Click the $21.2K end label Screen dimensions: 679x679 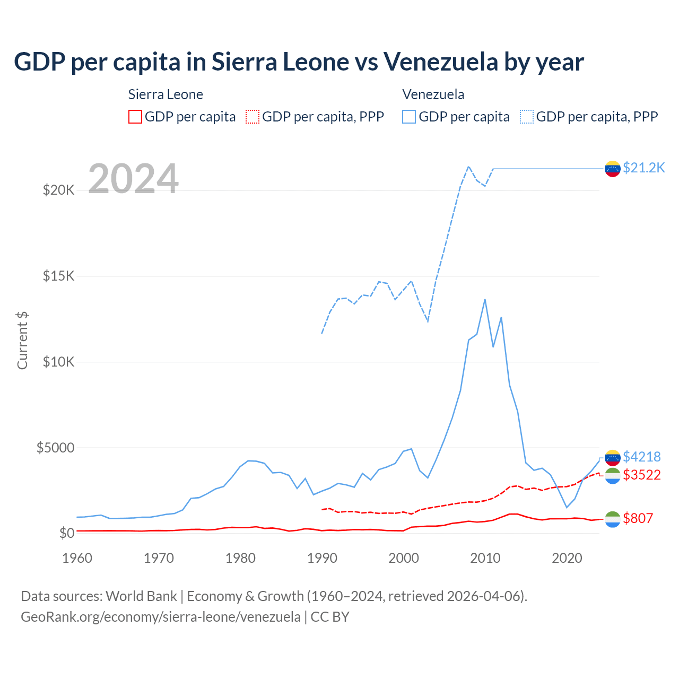click(643, 168)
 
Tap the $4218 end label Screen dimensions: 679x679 click(642, 457)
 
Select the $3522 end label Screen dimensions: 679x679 click(642, 475)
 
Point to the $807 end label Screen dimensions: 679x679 click(638, 518)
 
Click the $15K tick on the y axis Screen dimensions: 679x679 click(58, 276)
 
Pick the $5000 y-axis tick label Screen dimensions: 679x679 click(55, 448)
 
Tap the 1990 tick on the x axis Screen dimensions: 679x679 click(322, 558)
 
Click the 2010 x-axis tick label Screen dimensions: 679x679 click(485, 558)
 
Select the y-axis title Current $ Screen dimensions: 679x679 click(22, 341)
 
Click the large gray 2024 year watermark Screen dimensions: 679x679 click(133, 179)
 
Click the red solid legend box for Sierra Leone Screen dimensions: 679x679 click(135, 117)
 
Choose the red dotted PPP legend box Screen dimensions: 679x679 click(253, 117)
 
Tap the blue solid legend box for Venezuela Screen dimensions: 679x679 click(409, 117)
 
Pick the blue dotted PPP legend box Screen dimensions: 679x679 click(527, 117)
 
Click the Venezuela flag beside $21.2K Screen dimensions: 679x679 click(613, 169)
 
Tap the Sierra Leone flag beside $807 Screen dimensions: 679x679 click(613, 519)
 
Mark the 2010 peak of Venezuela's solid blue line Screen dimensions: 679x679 click(485, 300)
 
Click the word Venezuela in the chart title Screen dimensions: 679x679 click(441, 62)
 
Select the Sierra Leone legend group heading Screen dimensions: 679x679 click(166, 94)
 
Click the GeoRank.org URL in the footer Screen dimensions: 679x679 click(160, 617)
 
